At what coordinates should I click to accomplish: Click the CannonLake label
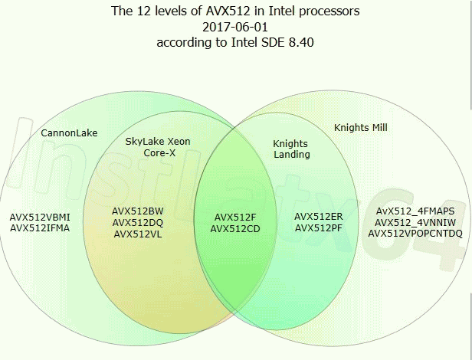click(69, 133)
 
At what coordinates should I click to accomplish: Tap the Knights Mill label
click(361, 128)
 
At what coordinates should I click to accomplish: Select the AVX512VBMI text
click(40, 217)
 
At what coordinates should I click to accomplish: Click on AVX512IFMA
click(40, 228)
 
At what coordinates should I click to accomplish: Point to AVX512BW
click(138, 211)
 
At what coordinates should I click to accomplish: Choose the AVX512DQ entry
click(138, 223)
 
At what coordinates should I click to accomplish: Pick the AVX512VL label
click(138, 234)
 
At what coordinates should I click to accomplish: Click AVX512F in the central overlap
click(235, 218)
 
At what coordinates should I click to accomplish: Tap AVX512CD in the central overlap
click(235, 229)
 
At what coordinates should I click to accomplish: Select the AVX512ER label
click(319, 217)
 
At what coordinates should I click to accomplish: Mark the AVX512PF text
click(319, 228)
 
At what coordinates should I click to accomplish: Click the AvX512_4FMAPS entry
click(415, 211)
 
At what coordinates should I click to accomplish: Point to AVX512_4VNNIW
click(415, 223)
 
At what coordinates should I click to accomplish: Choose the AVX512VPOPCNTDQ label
click(415, 234)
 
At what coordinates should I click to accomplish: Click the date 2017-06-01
click(235, 28)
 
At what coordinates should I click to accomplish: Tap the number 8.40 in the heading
click(301, 42)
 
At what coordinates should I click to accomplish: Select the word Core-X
click(159, 153)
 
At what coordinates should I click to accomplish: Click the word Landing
click(292, 155)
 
